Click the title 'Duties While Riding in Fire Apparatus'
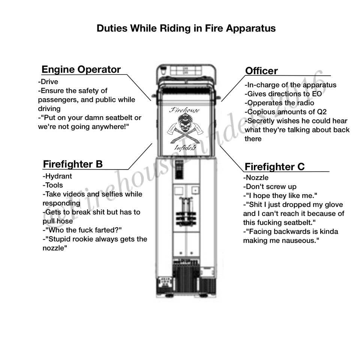coord(186,28)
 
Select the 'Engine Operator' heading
coord(81,69)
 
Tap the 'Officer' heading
coord(261,71)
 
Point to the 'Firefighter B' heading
coord(73,164)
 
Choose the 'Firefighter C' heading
coord(274,166)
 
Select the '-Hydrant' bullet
coord(57,176)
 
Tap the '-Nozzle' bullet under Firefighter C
coord(256,178)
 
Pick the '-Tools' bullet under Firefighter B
coord(53,185)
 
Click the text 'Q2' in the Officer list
coord(321,112)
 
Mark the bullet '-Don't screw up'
coord(270,187)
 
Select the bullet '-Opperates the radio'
coord(279,103)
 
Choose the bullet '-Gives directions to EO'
coord(283,94)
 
